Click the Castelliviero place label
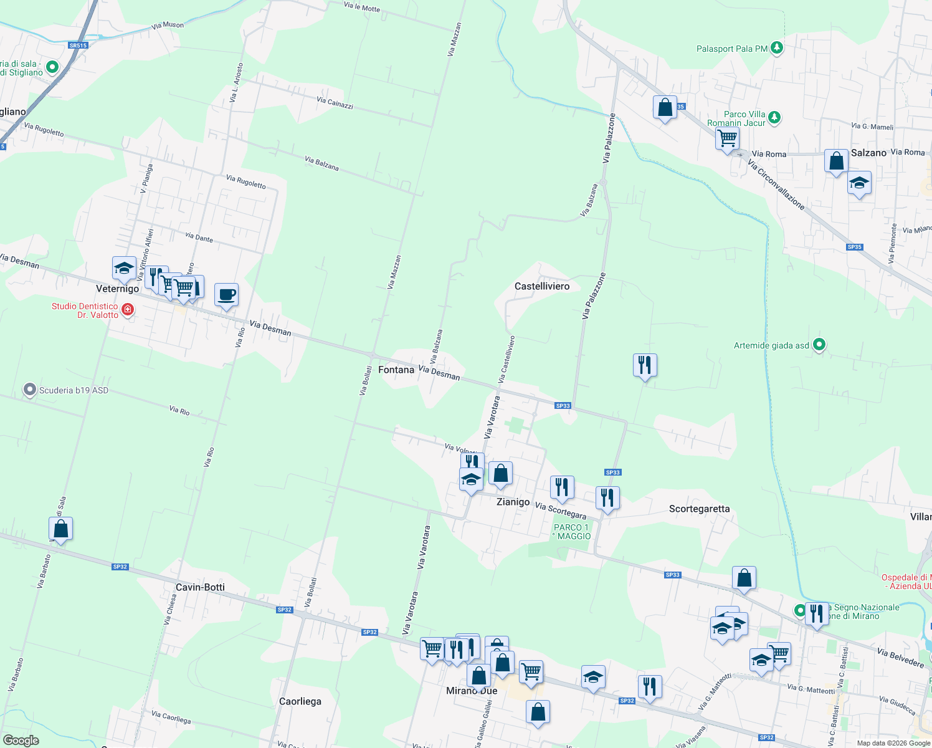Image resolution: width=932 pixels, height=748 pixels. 541,286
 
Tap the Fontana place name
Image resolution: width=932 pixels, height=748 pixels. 396,370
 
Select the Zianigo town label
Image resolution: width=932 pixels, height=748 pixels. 513,502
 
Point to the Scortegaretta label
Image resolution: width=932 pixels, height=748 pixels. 699,509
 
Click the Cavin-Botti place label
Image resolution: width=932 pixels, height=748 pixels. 200,587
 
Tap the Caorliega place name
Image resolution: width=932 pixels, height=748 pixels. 300,701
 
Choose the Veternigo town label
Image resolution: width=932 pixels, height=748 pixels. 118,289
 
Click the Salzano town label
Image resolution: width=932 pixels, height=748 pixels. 868,153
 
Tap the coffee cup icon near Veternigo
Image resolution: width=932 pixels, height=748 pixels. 226,294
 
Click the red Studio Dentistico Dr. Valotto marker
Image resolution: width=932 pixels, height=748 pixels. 128,309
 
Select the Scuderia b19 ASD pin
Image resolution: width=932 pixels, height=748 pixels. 30,390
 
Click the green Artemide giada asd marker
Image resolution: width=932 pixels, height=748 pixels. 819,345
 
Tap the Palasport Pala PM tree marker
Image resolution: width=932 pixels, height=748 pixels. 776,47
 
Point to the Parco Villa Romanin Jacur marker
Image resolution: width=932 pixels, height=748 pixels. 774,117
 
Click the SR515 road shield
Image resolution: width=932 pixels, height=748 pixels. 78,46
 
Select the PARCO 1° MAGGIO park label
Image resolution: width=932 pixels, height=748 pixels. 573,532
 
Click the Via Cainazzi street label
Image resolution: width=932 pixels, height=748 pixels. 335,103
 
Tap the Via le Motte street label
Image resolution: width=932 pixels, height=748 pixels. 362,7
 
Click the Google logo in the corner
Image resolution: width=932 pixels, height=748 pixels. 21,740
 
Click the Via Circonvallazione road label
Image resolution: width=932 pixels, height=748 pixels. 776,185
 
